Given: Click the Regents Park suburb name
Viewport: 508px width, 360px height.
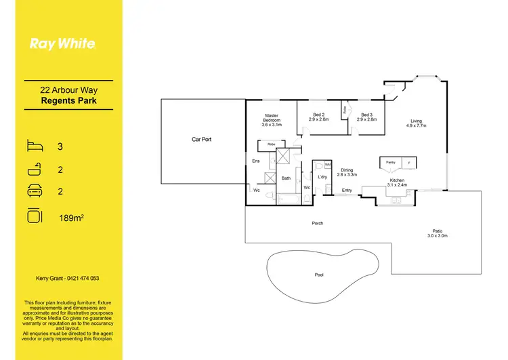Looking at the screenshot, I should pyautogui.click(x=69, y=100).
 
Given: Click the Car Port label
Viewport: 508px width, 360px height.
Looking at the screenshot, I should pyautogui.click(x=202, y=139).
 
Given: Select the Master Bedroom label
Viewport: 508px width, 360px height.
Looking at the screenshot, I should pyautogui.click(x=272, y=120).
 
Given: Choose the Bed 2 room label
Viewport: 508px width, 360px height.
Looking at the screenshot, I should pyautogui.click(x=318, y=117).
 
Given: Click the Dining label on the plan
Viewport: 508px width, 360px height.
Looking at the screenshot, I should pyautogui.click(x=347, y=171).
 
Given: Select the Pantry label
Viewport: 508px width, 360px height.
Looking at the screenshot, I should pyautogui.click(x=390, y=163).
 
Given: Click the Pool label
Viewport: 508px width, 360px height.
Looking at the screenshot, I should pyautogui.click(x=319, y=275).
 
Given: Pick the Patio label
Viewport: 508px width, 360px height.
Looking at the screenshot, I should pyautogui.click(x=438, y=231).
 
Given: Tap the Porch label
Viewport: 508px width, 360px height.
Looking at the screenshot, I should pyautogui.click(x=317, y=223).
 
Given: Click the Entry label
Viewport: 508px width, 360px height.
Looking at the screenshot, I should pyautogui.click(x=347, y=191).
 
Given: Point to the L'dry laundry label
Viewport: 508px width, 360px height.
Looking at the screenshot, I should pyautogui.click(x=322, y=176).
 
